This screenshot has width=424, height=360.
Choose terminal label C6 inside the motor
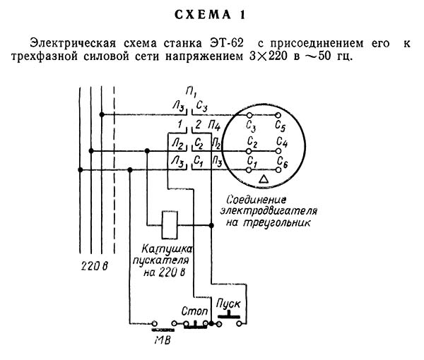(x=283, y=162)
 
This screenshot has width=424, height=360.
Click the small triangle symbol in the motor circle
(x=264, y=179)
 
